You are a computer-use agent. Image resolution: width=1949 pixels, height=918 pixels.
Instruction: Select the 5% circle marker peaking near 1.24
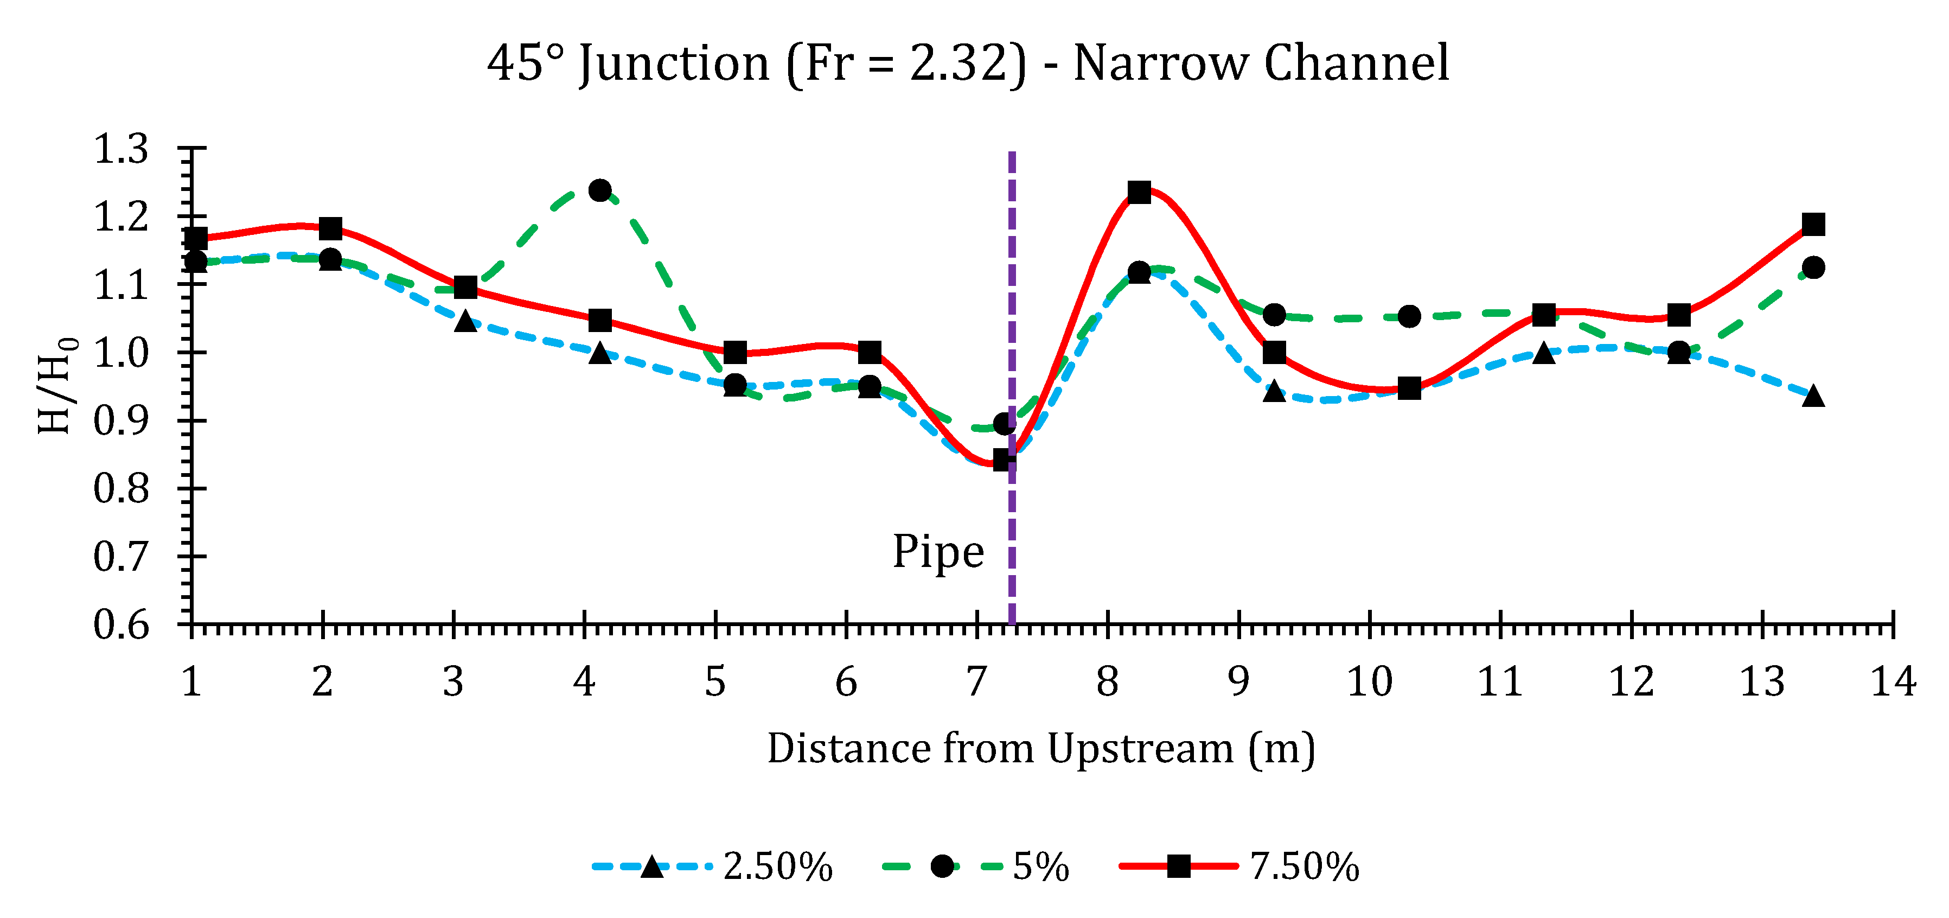tap(600, 190)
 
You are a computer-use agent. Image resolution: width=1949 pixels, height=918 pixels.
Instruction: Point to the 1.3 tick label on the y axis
tap(121, 149)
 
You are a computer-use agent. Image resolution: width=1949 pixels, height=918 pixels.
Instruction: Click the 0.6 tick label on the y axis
tap(121, 625)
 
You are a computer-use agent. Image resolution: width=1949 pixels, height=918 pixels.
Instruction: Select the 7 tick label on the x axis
tap(977, 682)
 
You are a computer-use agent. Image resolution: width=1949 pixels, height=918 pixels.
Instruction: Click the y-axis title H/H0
tap(57, 386)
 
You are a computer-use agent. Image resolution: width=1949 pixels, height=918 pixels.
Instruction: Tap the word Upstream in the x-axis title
tap(1140, 749)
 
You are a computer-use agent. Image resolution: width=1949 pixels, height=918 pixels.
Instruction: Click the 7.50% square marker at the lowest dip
tap(1002, 460)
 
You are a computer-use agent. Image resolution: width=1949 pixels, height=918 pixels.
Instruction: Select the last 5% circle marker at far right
tap(1813, 267)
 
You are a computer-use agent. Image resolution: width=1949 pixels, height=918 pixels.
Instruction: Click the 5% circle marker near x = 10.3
tap(1409, 316)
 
